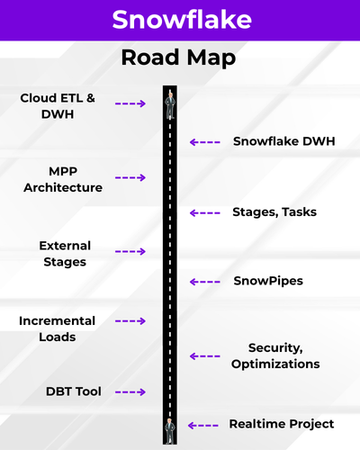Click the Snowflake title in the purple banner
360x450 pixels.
182,20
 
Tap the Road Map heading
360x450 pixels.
178,58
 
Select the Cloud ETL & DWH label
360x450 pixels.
58,106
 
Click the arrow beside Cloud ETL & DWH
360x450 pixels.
130,103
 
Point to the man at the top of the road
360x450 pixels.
170,105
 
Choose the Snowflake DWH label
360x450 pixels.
284,141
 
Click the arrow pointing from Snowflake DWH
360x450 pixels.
205,142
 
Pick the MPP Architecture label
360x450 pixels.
63,179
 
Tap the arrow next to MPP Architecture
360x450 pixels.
130,177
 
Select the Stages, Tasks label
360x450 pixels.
274,212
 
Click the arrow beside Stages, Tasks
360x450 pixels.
205,213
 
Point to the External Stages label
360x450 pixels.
65,254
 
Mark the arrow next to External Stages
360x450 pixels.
130,251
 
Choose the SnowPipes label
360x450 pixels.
268,281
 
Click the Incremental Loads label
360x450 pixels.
57,328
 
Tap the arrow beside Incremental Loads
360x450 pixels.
130,321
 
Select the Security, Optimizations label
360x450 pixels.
275,355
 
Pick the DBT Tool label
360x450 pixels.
74,391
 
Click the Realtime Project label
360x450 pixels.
282,424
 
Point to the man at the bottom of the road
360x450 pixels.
170,431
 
